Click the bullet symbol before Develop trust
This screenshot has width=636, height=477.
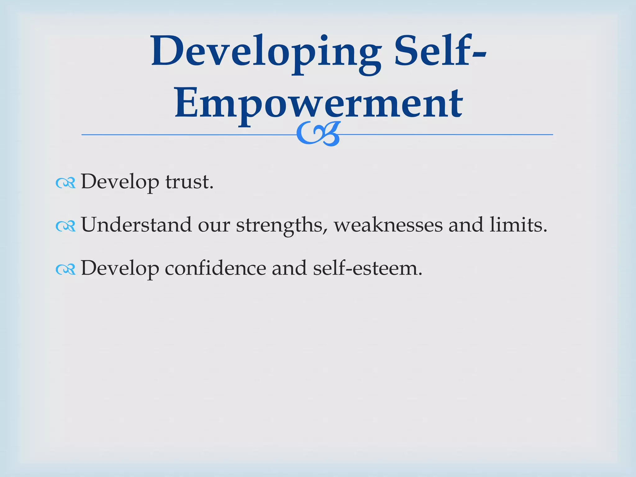pyautogui.click(x=66, y=183)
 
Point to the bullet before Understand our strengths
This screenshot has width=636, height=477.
pyautogui.click(x=66, y=226)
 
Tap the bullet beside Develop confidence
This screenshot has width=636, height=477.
pyautogui.click(x=66, y=270)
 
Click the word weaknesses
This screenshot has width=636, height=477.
pyautogui.click(x=388, y=225)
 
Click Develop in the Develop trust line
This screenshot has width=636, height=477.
pyautogui.click(x=120, y=182)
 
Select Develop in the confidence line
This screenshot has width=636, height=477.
pyautogui.click(x=120, y=269)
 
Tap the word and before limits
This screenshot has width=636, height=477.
pyautogui.click(x=466, y=225)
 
